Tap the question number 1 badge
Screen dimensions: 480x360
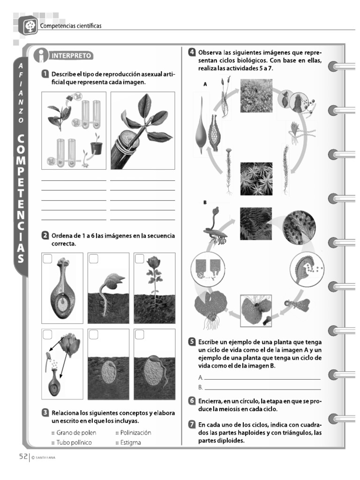click(x=45, y=74)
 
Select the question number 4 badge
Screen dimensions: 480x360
click(x=192, y=52)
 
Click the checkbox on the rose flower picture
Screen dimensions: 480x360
click(x=140, y=258)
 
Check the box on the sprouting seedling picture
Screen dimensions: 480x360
click(x=93, y=258)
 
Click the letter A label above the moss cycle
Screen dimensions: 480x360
click(x=205, y=84)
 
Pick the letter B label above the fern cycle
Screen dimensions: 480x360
click(x=205, y=202)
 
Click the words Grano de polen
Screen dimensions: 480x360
click(x=74, y=433)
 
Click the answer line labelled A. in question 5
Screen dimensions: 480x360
click(x=262, y=378)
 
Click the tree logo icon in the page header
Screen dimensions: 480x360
click(x=30, y=26)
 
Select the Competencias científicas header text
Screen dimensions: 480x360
click(x=71, y=25)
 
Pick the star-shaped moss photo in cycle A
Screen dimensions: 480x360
click(x=255, y=178)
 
